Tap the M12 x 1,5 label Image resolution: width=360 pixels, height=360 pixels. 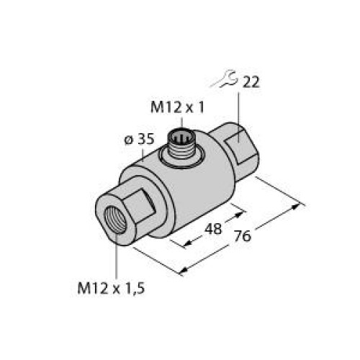pyautogui.click(x=112, y=289)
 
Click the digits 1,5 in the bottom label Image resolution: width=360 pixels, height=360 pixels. pyautogui.click(x=138, y=289)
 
